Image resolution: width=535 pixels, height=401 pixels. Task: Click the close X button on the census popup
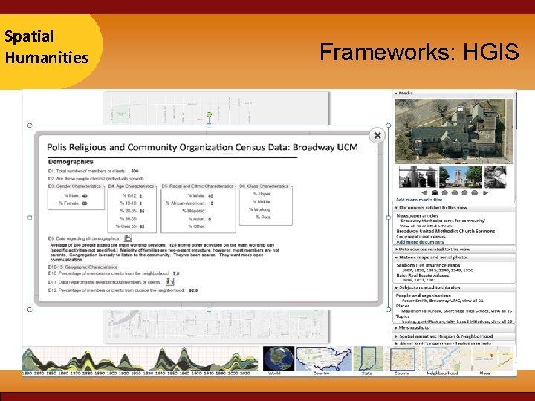click(x=377, y=135)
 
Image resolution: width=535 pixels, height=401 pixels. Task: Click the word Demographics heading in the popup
click(x=71, y=161)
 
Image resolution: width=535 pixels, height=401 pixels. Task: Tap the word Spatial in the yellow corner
click(x=29, y=36)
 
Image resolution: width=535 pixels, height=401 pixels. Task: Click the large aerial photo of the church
click(x=452, y=131)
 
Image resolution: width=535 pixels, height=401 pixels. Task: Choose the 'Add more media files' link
click(x=418, y=200)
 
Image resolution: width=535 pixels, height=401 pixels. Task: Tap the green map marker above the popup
click(x=209, y=115)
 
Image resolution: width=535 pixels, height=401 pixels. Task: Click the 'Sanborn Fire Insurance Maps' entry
click(x=427, y=265)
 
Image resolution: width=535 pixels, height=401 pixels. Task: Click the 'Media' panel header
click(x=405, y=94)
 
